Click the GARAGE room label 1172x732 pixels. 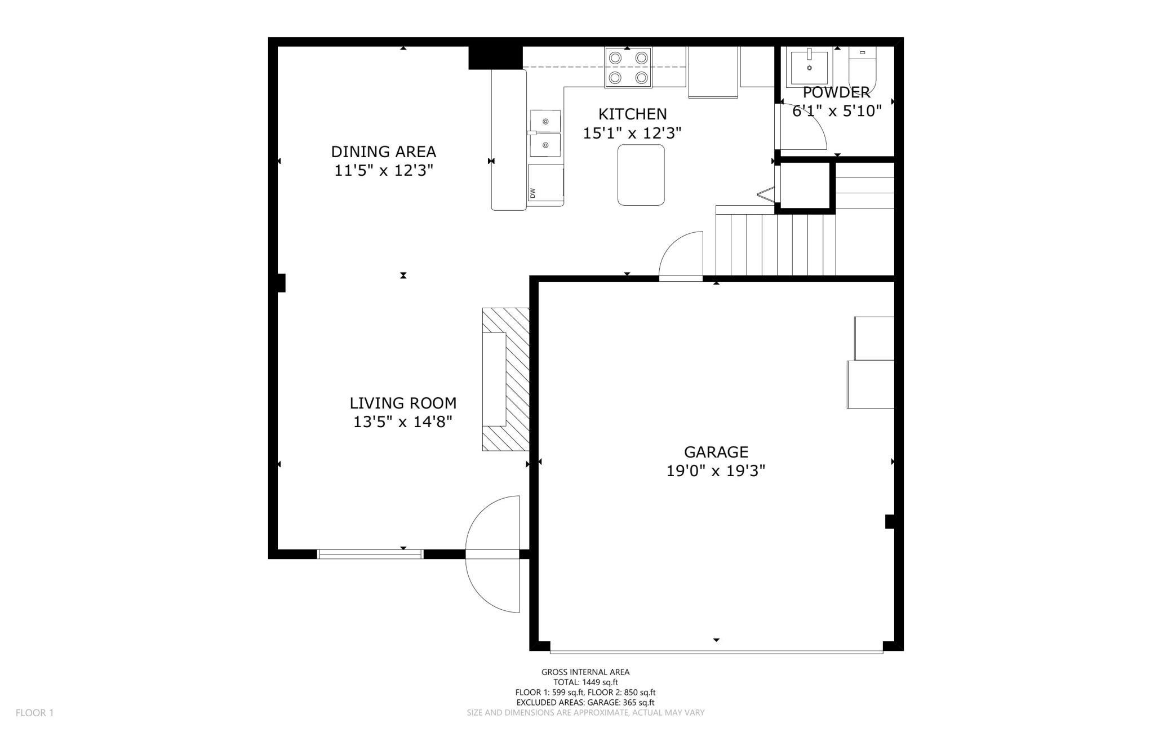coord(716,452)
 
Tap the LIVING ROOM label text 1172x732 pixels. coord(403,403)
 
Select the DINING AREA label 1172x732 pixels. coord(383,152)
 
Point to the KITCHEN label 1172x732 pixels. coord(632,114)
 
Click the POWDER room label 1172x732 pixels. coord(836,92)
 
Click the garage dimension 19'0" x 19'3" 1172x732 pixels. coord(716,471)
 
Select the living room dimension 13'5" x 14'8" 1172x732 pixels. coord(403,422)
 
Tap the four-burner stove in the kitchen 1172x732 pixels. coord(628,68)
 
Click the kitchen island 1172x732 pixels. coord(641,175)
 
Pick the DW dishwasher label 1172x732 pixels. coord(532,193)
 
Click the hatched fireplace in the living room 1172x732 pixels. coord(506,379)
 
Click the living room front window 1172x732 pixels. coord(370,554)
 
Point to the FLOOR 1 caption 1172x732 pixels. coord(34,713)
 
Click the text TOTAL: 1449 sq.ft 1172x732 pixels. coord(585,682)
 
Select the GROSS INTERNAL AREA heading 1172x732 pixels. coord(585,672)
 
